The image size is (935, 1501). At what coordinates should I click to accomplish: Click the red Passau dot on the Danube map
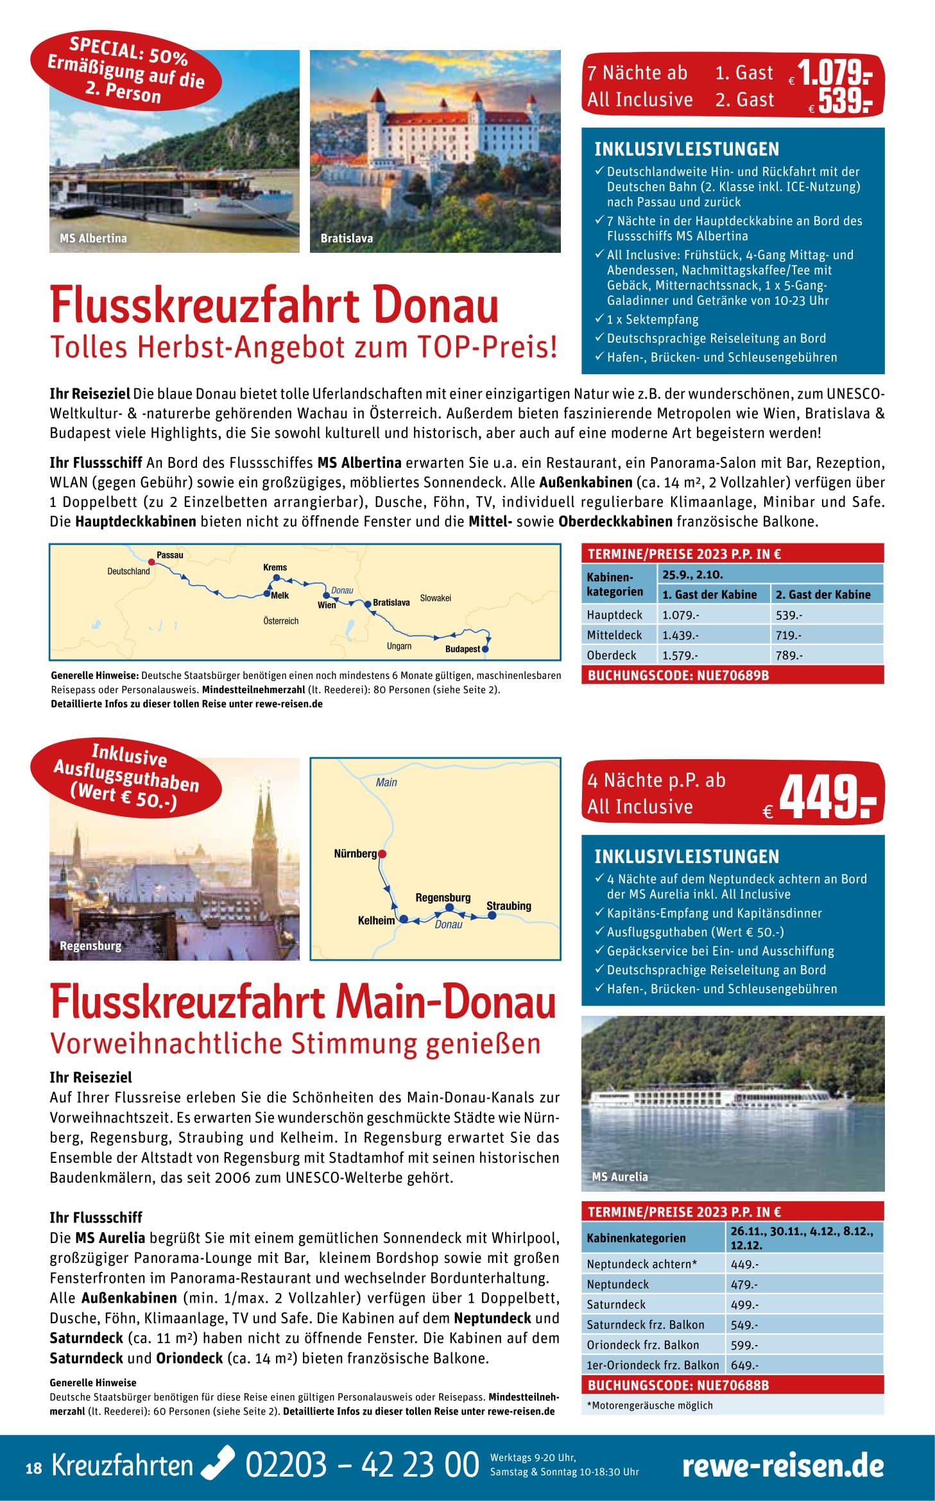[x=151, y=561]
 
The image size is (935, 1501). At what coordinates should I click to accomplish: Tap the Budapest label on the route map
[x=462, y=649]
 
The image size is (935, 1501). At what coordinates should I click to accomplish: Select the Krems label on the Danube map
[x=275, y=567]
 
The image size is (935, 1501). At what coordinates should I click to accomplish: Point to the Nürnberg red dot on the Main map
[x=382, y=853]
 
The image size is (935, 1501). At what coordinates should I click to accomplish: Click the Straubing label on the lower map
[x=508, y=905]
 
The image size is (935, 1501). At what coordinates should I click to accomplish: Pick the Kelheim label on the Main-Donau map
[x=376, y=920]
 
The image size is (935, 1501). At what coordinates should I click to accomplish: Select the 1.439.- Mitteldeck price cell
[x=680, y=635]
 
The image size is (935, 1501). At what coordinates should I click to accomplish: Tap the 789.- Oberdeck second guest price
[x=789, y=655]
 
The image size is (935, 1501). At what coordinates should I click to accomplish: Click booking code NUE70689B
[x=678, y=675]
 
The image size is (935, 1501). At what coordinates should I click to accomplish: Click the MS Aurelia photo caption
[x=619, y=1176]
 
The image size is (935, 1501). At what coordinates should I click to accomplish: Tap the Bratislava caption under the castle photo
[x=347, y=238]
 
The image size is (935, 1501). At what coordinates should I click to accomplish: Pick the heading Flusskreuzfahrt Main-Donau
[x=302, y=1003]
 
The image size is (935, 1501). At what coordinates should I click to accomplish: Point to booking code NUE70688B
[x=678, y=1385]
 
